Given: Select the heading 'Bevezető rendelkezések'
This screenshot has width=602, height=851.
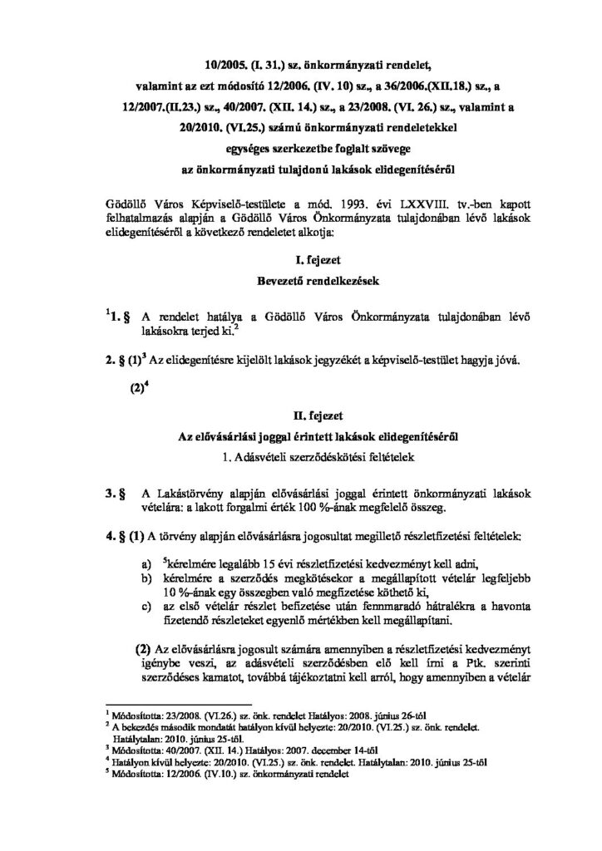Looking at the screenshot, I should pos(301,283).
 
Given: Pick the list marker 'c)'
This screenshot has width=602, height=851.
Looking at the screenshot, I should pos(146,598).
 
